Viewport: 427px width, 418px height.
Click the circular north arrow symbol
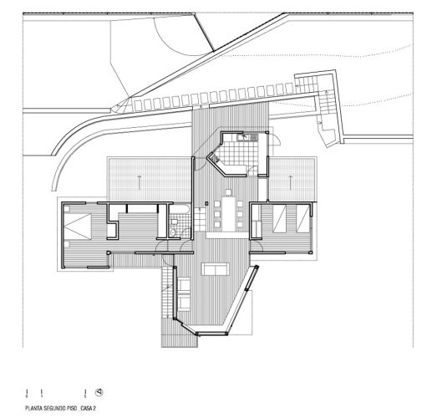tap(98, 391)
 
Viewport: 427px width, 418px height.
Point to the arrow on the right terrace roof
tap(292, 177)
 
